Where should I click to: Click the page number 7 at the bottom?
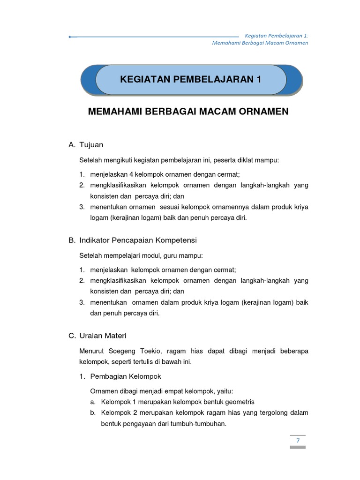[x=298, y=440]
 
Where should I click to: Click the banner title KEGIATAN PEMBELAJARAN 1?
[x=191, y=79]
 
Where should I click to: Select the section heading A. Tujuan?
[x=86, y=145]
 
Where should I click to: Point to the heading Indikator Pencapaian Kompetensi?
[x=138, y=240]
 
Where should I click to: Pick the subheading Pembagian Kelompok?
[x=125, y=376]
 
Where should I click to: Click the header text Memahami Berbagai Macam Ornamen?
[x=260, y=43]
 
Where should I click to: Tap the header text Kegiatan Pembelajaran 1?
[x=277, y=36]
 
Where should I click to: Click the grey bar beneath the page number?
[x=298, y=447]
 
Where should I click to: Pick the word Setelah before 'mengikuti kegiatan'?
[x=90, y=160]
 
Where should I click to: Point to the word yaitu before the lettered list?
[x=225, y=391]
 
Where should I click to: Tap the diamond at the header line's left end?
[x=70, y=37]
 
